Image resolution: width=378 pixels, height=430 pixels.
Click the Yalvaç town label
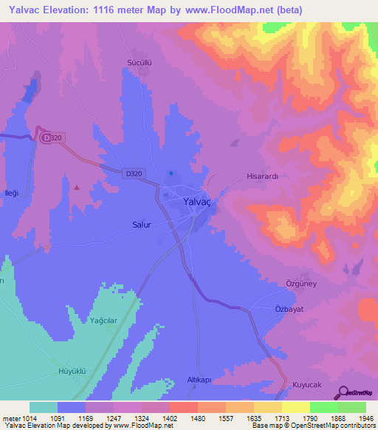coord(199,201)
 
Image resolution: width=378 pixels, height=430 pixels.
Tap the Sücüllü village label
coord(139,63)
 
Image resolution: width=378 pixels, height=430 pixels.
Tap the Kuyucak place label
coord(308,384)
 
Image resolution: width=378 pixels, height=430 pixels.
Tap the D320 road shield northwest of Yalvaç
coord(134,173)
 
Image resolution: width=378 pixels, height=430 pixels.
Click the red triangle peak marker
coord(77,187)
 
